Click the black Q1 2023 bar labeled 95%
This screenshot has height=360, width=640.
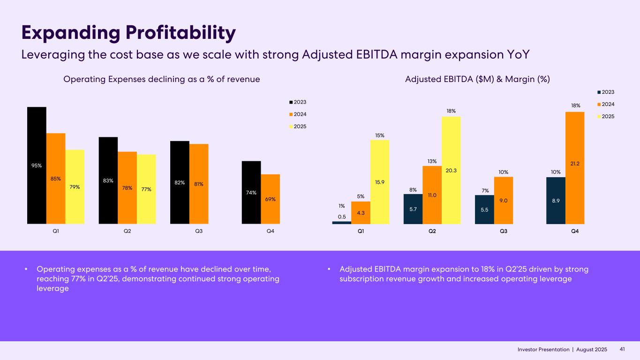pyautogui.click(x=37, y=165)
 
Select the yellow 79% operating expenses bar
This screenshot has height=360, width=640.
pyautogui.click(x=75, y=187)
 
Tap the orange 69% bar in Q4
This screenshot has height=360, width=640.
pyautogui.click(x=270, y=199)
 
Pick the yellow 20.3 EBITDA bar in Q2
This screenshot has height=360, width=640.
pyautogui.click(x=451, y=170)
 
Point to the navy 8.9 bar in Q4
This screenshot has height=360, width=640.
pyautogui.click(x=556, y=200)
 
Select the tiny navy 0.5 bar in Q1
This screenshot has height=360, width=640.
pyautogui.click(x=342, y=223)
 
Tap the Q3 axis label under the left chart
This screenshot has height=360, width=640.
pyautogui.click(x=199, y=231)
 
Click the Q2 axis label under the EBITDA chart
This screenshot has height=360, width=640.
pyautogui.click(x=432, y=231)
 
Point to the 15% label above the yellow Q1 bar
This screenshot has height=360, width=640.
pyautogui.click(x=379, y=135)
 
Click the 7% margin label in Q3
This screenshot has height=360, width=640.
pyautogui.click(x=484, y=190)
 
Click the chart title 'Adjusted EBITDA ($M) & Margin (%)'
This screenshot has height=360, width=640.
pyautogui.click(x=477, y=80)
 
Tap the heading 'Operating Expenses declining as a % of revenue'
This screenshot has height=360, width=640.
pyautogui.click(x=161, y=80)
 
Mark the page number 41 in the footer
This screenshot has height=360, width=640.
pyautogui.click(x=623, y=350)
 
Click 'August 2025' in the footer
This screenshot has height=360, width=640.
pyautogui.click(x=591, y=350)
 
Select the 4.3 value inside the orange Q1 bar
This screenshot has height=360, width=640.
pyautogui.click(x=361, y=213)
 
